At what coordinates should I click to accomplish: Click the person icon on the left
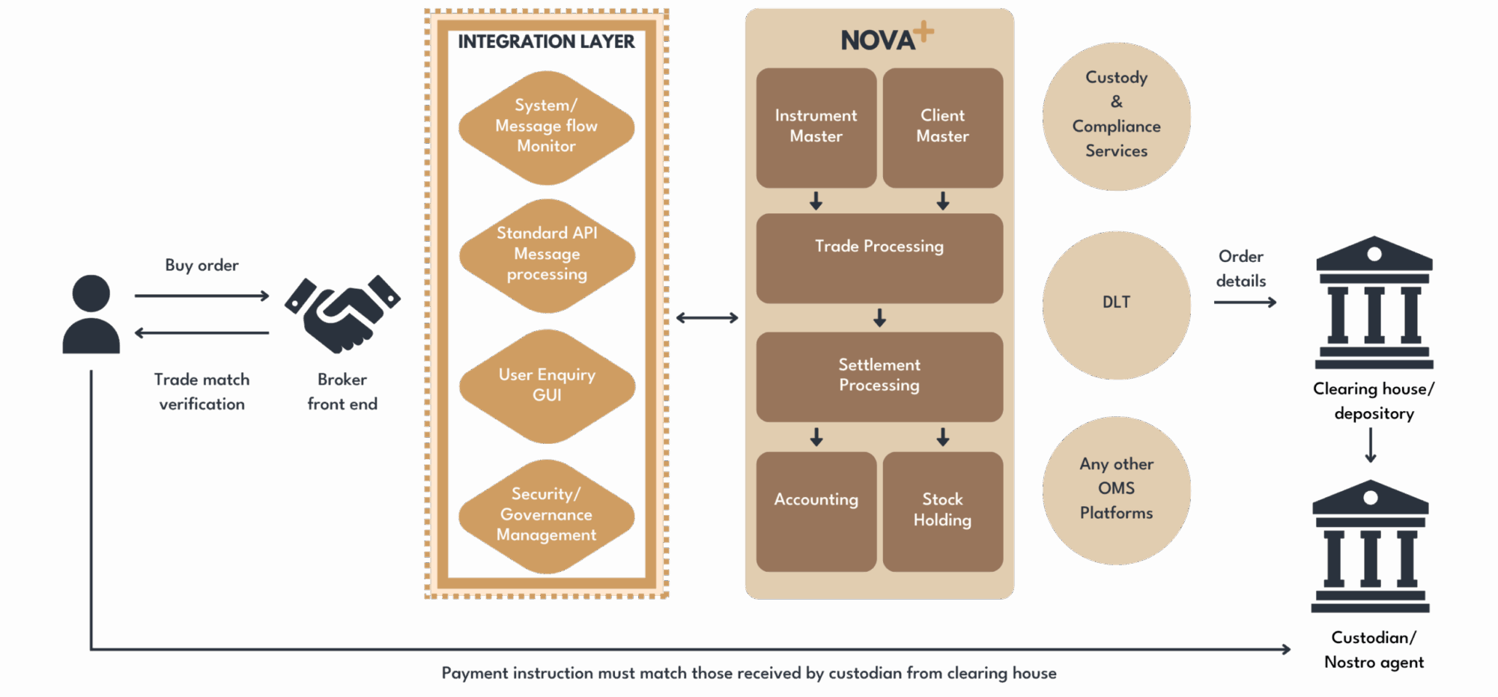91,314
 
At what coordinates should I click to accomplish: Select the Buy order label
201,265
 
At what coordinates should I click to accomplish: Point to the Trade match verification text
201,392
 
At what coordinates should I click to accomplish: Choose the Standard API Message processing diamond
547,255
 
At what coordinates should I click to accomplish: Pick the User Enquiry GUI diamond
547,386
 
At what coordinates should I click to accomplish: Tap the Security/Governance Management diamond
547,516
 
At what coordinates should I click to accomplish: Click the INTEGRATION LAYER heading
546,42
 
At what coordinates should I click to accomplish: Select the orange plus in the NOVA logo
924,31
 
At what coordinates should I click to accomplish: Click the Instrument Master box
816,127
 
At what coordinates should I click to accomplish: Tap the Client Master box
942,127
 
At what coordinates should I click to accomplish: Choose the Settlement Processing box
879,376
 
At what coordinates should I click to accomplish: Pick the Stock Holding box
942,511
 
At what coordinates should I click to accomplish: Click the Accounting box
816,511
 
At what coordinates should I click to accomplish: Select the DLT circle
1116,303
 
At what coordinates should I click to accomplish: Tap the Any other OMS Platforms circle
1116,489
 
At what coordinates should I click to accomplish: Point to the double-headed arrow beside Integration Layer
706,318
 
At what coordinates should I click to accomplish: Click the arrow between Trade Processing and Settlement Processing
879,318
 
